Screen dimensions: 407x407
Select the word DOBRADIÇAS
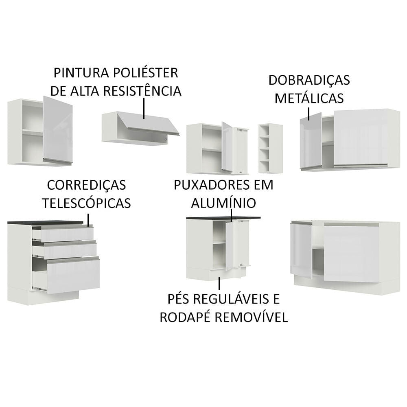pyautogui.click(x=309, y=80)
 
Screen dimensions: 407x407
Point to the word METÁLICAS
pyautogui.click(x=309, y=98)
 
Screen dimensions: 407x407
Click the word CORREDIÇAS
pyautogui.click(x=86, y=185)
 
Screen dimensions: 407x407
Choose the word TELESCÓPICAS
pyautogui.click(x=86, y=203)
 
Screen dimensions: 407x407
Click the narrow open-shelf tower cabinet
pyautogui.click(x=271, y=148)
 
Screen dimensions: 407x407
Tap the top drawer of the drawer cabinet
pyautogui.click(x=63, y=234)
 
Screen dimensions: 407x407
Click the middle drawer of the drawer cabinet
pyautogui.click(x=65, y=250)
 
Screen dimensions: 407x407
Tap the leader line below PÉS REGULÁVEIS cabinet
pyautogui.click(x=219, y=283)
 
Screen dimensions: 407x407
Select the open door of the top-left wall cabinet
pyautogui.click(x=57, y=130)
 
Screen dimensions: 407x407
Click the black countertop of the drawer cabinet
pyautogui.click(x=45, y=222)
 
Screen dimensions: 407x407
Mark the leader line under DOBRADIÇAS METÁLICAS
pyautogui.click(x=309, y=114)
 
